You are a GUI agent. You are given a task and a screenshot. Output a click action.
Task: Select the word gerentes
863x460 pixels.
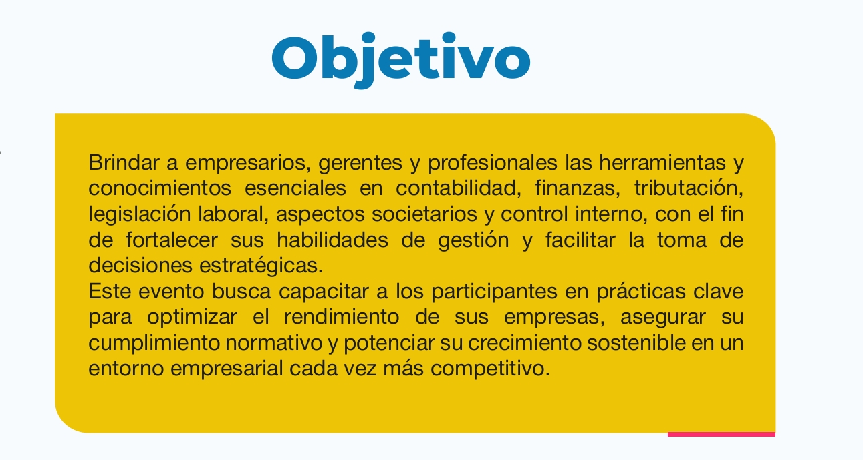pyautogui.click(x=360, y=163)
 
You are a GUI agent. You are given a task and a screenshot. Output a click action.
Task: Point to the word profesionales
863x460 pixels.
pyautogui.click(x=493, y=163)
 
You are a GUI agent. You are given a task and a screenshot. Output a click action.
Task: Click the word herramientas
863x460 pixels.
pyautogui.click(x=662, y=162)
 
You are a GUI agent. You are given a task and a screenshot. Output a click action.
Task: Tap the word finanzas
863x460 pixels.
pyautogui.click(x=577, y=188)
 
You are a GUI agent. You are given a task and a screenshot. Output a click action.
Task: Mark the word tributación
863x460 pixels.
pyautogui.click(x=689, y=188)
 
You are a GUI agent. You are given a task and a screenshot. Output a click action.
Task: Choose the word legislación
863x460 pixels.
pyautogui.click(x=140, y=214)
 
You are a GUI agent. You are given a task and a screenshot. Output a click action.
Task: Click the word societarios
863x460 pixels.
pyautogui.click(x=424, y=214)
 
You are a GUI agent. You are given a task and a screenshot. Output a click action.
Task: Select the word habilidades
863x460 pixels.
pyautogui.click(x=332, y=240)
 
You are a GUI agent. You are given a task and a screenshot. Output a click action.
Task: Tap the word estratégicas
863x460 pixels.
pyautogui.click(x=261, y=266)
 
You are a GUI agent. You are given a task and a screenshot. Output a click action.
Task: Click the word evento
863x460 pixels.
pyautogui.click(x=171, y=291)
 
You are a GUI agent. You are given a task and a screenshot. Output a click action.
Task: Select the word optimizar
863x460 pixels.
pyautogui.click(x=193, y=318)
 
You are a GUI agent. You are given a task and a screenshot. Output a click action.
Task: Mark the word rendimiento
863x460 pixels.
pyautogui.click(x=342, y=317)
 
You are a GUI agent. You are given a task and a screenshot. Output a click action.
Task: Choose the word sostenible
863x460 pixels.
pyautogui.click(x=636, y=342)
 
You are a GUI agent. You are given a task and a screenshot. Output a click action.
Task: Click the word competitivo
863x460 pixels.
pyautogui.click(x=490, y=369)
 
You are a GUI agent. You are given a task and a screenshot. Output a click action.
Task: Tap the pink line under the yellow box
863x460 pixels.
pyautogui.click(x=721, y=434)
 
